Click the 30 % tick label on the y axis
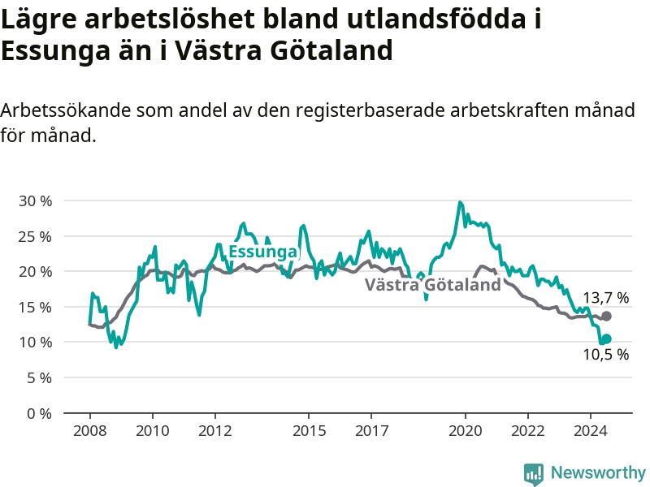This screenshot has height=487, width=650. coord(35,201)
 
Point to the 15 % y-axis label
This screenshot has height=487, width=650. coord(35,308)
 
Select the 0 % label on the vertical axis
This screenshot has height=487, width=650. coord(39,414)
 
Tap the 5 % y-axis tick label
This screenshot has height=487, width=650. coord(39,378)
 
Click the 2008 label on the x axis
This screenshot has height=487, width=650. coord(90,431)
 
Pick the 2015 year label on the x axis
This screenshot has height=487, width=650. coord(309,431)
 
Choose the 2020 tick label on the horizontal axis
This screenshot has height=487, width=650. coord(466,431)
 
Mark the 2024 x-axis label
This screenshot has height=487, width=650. coord(591,431)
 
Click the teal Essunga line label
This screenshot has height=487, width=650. coord(263,252)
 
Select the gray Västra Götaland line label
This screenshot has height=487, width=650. coord(433,285)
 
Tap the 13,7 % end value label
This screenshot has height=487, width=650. coord(606,298)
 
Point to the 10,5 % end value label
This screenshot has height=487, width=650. coord(606,355)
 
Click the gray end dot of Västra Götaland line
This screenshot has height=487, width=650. coord(606,317)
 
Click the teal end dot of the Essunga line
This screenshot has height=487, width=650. coord(606,339)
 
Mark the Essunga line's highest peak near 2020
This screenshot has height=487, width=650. coord(460,202)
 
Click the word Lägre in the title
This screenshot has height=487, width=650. coord(39,19)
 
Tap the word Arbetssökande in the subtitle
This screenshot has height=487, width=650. coord(65,110)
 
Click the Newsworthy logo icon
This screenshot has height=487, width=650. coord(534,473)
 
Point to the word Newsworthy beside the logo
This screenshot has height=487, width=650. coord(598,472)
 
